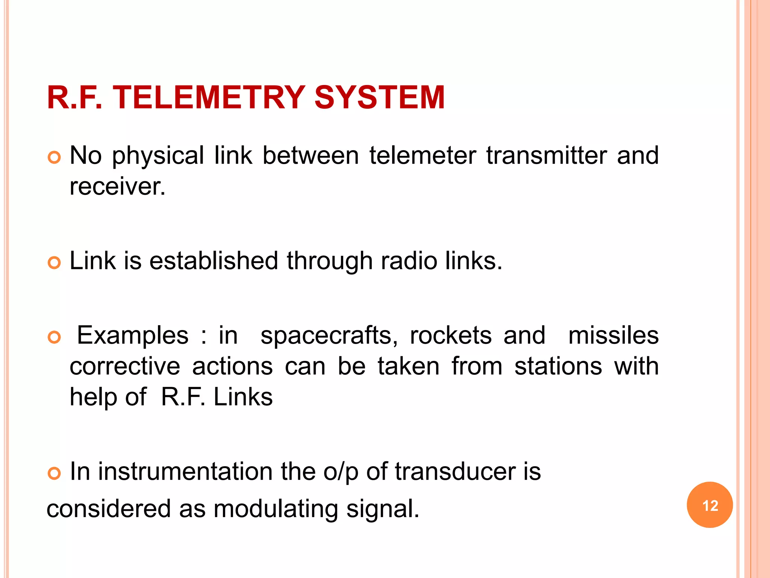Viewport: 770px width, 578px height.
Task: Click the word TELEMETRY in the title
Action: tap(209, 97)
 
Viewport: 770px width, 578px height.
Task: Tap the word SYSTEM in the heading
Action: tap(379, 97)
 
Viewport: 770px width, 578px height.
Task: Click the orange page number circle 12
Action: tap(709, 505)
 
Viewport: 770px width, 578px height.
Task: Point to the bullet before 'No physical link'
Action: tap(55, 157)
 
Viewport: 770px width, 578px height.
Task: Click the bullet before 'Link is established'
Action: tap(55, 263)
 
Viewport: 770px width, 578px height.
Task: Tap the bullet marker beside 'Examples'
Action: tap(55, 337)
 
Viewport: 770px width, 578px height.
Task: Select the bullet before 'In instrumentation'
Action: tap(55, 473)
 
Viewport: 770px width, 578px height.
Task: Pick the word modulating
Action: tap(276, 509)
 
